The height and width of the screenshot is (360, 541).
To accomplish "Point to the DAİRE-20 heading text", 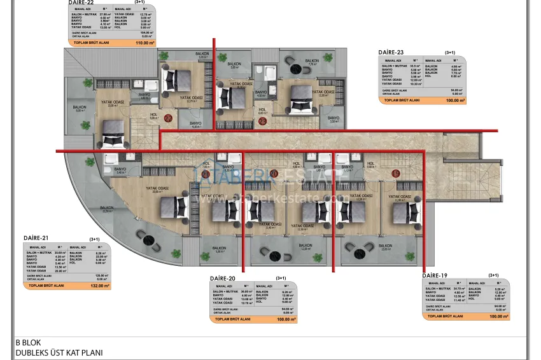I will (x=223, y=279).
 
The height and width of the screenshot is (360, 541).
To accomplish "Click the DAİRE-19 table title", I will (x=435, y=275).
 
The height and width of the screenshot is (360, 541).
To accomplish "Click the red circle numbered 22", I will (x=168, y=118).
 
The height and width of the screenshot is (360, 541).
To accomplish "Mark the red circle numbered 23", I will (x=262, y=120).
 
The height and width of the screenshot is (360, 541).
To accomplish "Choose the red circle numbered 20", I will (x=274, y=173).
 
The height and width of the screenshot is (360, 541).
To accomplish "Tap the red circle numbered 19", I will (x=395, y=173).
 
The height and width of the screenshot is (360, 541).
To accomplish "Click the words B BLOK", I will (x=29, y=342).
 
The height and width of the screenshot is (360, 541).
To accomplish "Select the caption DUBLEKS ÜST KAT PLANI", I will (x=59, y=352).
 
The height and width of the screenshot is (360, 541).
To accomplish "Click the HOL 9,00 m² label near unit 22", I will (x=153, y=117).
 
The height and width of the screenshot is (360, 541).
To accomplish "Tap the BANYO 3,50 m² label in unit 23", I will (x=334, y=119).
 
